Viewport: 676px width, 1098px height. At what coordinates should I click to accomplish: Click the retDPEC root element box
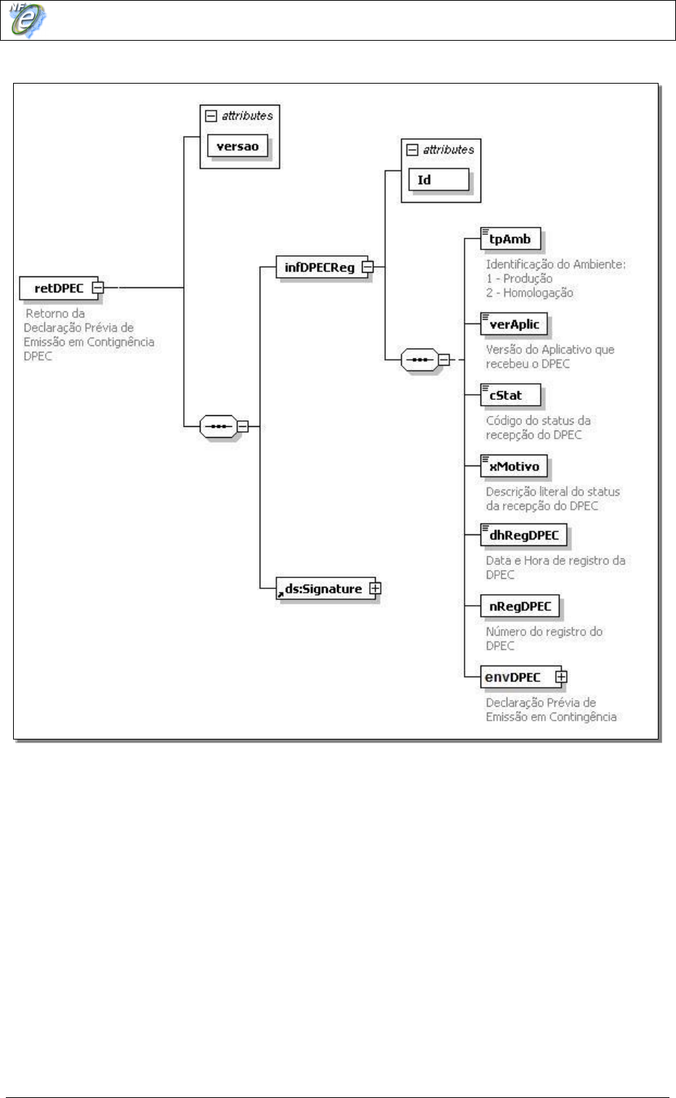[x=58, y=289]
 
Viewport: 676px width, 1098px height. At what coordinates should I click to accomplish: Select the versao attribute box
[x=237, y=146]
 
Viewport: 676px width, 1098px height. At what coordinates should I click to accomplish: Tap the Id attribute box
[x=438, y=180]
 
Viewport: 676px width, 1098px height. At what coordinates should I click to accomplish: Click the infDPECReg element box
[x=319, y=268]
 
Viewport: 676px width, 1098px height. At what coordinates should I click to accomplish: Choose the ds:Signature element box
[x=323, y=589]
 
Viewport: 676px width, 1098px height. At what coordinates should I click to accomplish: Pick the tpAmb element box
[x=510, y=239]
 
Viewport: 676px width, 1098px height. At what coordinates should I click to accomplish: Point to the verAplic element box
[x=514, y=324]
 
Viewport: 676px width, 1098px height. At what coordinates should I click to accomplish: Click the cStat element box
[x=510, y=396]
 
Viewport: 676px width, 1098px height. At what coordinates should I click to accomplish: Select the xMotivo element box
[x=514, y=466]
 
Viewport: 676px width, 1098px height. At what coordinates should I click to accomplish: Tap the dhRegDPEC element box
[x=523, y=536]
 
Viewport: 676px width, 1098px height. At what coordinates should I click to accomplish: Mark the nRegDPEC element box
[x=520, y=606]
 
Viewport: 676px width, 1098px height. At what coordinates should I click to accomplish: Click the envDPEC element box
[x=514, y=678]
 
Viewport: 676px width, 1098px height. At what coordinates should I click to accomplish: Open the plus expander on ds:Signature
[x=375, y=588]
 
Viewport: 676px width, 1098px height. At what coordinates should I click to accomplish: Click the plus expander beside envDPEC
[x=560, y=677]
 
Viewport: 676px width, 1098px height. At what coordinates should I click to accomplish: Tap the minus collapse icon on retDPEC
[x=98, y=288]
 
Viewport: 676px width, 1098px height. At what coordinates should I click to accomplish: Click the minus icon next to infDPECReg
[x=368, y=267]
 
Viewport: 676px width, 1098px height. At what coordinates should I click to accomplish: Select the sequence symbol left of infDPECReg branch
[x=217, y=426]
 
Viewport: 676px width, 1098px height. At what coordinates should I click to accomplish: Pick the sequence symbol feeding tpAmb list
[x=419, y=359]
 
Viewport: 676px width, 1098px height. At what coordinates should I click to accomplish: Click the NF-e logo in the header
[x=27, y=20]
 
